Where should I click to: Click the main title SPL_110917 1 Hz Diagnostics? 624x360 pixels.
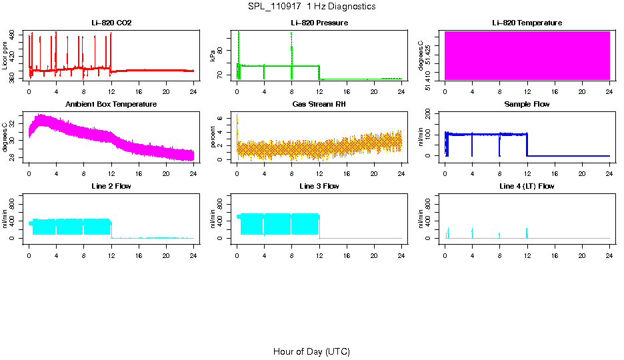pyautogui.click(x=311, y=7)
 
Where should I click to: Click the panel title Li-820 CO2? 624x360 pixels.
pyautogui.click(x=111, y=23)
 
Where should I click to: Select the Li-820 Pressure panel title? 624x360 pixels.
pyautogui.click(x=319, y=23)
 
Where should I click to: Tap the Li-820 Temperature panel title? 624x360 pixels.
pyautogui.click(x=527, y=23)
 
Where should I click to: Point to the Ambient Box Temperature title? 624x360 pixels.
pyautogui.click(x=111, y=105)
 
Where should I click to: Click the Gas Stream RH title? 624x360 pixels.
pyautogui.click(x=319, y=105)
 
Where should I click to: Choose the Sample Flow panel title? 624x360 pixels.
pyautogui.click(x=527, y=105)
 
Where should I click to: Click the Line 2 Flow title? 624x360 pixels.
pyautogui.click(x=111, y=186)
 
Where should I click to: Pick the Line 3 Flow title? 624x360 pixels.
pyautogui.click(x=319, y=186)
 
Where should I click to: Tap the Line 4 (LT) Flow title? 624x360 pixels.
pyautogui.click(x=527, y=186)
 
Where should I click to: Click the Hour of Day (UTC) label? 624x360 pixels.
pyautogui.click(x=311, y=351)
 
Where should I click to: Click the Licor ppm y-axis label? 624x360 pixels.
pyautogui.click(x=5, y=55)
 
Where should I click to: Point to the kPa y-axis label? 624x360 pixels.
pyautogui.click(x=213, y=55)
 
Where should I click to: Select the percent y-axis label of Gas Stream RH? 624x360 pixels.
pyautogui.click(x=213, y=137)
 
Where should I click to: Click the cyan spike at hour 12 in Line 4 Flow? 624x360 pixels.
pyautogui.click(x=527, y=233)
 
